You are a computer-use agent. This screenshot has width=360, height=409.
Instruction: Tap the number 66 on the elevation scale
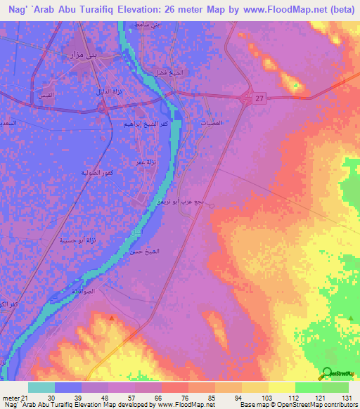coord(160,398)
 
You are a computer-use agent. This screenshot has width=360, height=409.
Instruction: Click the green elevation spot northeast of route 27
coord(297,86)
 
